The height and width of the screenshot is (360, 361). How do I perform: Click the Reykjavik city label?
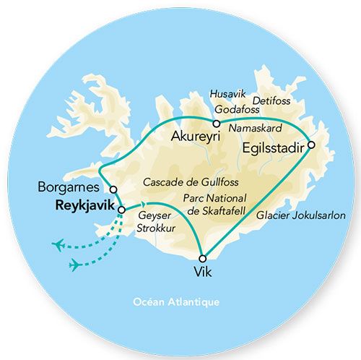[x=84, y=205]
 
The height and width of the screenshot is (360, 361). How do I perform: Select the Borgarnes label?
[x=71, y=187]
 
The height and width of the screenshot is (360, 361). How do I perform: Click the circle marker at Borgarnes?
[x=113, y=189]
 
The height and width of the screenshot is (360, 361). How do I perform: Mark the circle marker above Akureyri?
[x=216, y=124]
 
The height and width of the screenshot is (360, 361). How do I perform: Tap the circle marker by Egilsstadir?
[x=311, y=145]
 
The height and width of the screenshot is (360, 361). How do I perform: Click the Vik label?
[x=203, y=273]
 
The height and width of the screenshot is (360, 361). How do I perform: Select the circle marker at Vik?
[x=203, y=258]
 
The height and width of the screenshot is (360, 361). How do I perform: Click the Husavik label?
[x=225, y=93]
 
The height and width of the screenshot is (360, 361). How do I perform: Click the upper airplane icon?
[x=60, y=244]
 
